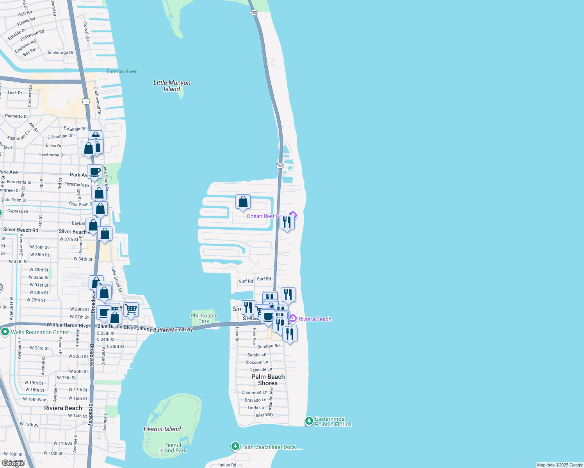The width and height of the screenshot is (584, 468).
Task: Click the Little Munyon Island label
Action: (172, 86)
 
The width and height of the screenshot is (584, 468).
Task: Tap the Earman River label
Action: (121, 71)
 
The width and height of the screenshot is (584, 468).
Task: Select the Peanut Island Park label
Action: (173, 448)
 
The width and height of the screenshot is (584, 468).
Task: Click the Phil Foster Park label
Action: (203, 318)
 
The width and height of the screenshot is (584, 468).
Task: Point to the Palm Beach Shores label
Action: (268, 380)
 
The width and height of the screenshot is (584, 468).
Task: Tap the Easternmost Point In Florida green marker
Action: (309, 421)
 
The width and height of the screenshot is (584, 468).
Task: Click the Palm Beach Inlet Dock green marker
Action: (235, 447)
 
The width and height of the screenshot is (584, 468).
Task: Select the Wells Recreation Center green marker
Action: (5, 332)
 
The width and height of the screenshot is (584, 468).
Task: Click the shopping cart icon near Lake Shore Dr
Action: (131, 310)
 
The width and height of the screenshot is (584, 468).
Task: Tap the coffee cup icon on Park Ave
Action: (95, 171)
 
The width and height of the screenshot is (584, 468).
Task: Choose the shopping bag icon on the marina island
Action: (243, 202)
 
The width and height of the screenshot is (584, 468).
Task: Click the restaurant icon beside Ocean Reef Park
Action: (287, 222)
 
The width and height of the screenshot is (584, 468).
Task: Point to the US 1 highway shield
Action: (86, 101)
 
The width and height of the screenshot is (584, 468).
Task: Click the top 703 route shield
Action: (254, 12)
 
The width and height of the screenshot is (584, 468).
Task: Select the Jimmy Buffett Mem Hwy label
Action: (165, 329)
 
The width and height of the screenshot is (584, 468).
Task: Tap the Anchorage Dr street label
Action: (60, 53)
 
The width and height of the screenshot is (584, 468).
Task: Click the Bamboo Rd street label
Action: (268, 346)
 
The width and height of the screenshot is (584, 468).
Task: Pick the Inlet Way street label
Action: (264, 415)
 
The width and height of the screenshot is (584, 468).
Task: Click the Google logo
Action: (13, 463)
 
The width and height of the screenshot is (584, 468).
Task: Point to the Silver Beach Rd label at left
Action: (21, 230)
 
